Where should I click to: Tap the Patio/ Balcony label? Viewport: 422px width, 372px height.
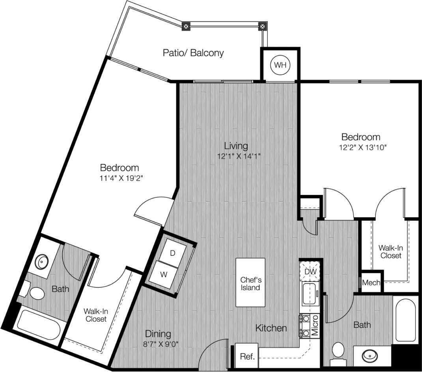tap(193, 53)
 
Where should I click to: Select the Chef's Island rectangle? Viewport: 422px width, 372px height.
tap(250, 282)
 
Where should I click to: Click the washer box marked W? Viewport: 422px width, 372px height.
tap(164, 274)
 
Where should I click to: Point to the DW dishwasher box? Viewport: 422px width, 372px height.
tap(310, 272)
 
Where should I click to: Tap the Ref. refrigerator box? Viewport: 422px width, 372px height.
tap(246, 357)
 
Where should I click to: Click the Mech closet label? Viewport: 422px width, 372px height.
tap(371, 282)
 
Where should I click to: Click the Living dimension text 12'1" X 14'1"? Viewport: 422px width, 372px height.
tap(239, 156)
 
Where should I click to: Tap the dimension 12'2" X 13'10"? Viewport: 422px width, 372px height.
tap(360, 148)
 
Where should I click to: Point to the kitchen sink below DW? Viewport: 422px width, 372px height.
tap(310, 293)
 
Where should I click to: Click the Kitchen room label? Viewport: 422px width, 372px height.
tap(271, 328)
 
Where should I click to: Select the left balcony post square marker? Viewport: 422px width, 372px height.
tap(185, 27)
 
